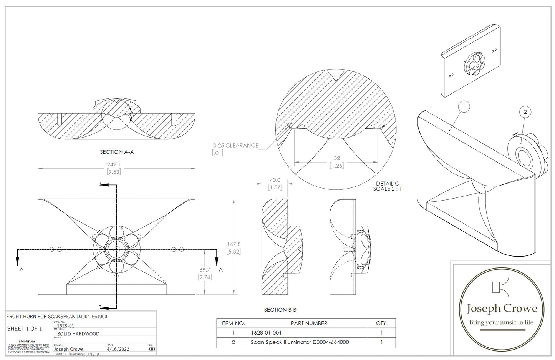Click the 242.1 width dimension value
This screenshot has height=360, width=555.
[x=114, y=164]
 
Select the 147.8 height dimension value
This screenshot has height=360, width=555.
[x=234, y=244]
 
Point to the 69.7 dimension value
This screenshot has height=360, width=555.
[x=205, y=270]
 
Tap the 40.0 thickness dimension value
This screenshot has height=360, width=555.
[x=275, y=180]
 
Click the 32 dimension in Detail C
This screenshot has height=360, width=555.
[x=337, y=158]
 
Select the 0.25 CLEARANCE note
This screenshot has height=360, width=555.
[x=236, y=145]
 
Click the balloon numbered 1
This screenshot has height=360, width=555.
[x=464, y=106]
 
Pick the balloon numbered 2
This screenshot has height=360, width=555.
[x=525, y=112]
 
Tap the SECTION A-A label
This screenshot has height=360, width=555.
[x=117, y=152]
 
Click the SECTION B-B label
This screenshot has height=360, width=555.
[x=280, y=310]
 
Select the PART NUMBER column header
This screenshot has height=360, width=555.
[x=309, y=323]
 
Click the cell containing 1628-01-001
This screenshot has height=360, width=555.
[x=263, y=333]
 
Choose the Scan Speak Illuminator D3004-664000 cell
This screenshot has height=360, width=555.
[x=300, y=342]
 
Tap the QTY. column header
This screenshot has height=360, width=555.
[x=381, y=323]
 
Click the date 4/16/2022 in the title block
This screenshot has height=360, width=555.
[x=118, y=349]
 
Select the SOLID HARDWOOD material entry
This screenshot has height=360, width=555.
[x=76, y=334]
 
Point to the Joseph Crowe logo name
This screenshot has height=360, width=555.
[x=501, y=308]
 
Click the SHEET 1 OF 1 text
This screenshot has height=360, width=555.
[x=25, y=329]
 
